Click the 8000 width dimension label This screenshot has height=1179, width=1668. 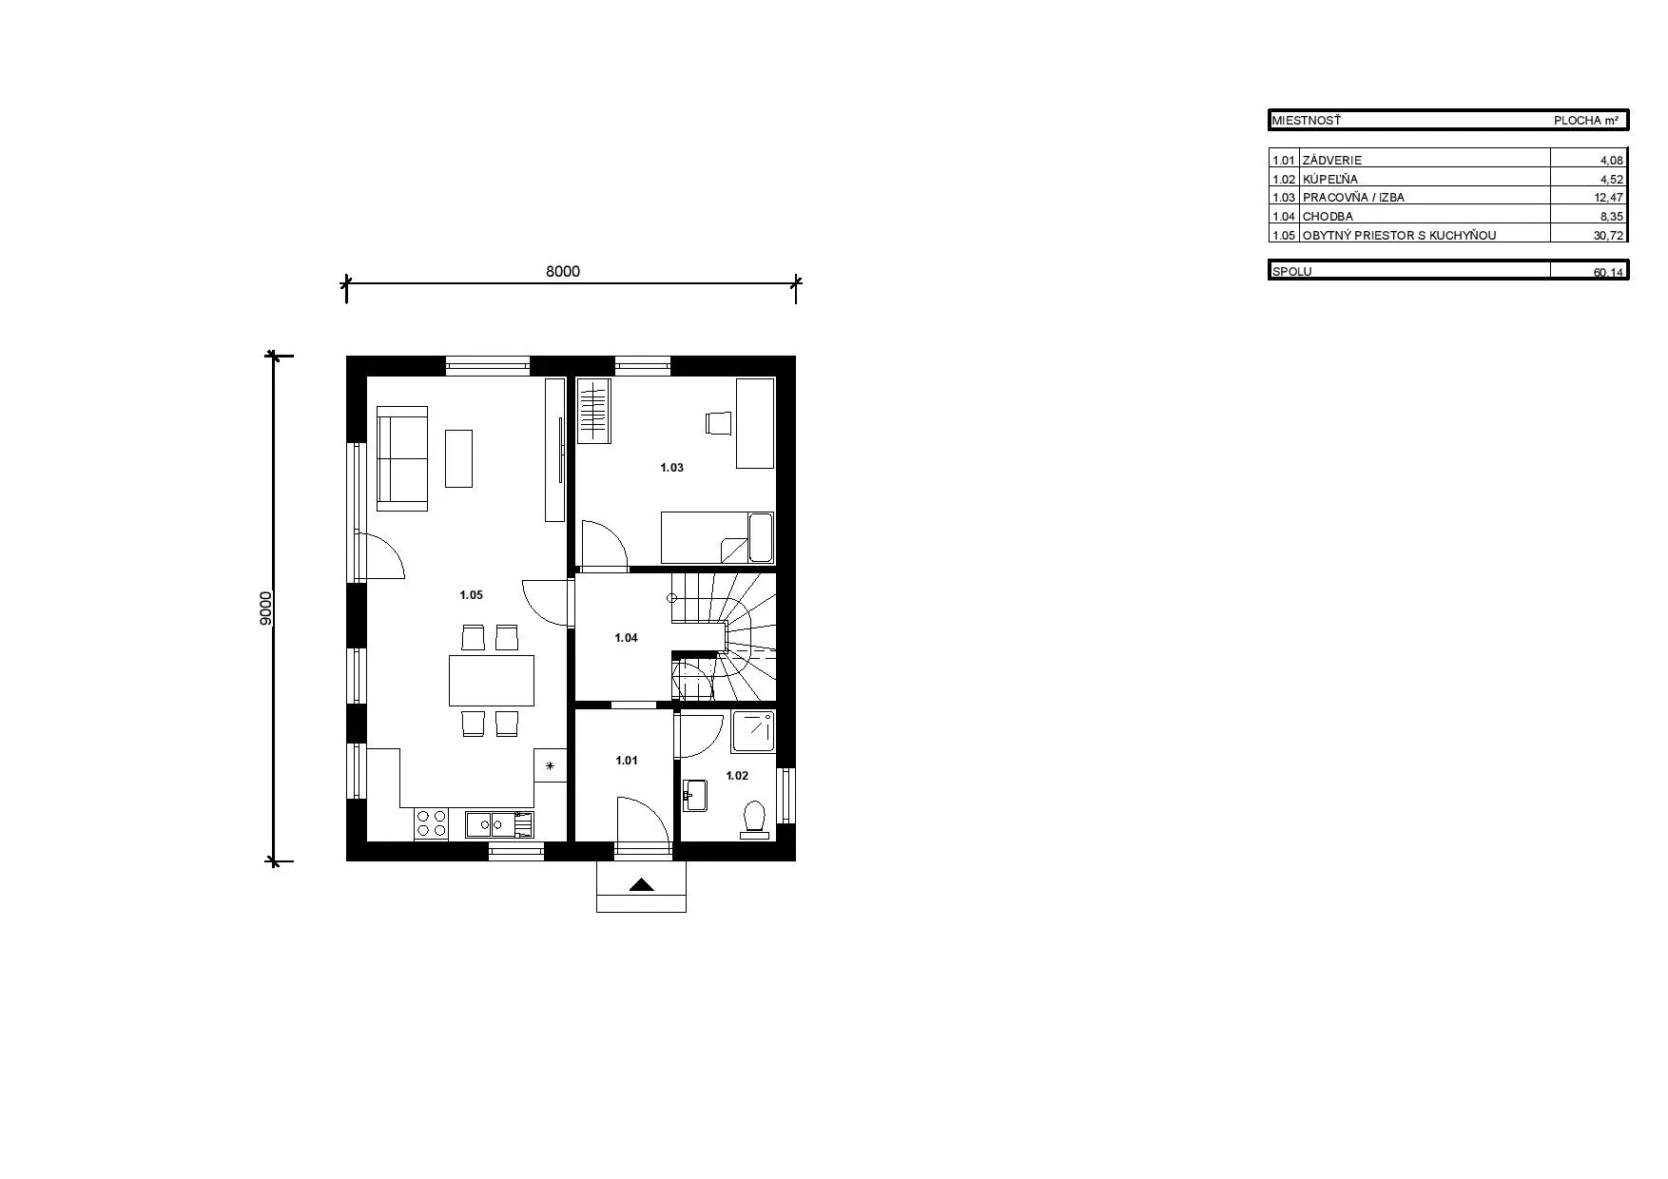click(x=562, y=271)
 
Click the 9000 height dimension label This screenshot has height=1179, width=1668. click(x=266, y=608)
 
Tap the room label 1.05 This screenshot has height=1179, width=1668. click(x=471, y=595)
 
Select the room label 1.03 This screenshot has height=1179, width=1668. click(x=671, y=468)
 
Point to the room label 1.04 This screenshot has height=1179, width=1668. click(x=626, y=638)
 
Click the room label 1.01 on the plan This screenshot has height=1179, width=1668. click(x=627, y=761)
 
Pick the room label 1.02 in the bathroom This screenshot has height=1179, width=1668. click(x=737, y=776)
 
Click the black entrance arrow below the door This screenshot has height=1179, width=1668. click(x=642, y=885)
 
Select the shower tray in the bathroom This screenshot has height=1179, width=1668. click(x=753, y=730)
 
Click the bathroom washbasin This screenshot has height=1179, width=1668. click(x=695, y=796)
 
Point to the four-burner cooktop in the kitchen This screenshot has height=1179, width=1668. click(x=432, y=823)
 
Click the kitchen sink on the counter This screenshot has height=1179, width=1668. click(x=499, y=823)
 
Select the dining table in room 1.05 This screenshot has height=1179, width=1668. click(x=492, y=681)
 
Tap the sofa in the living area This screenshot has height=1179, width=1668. click(x=403, y=458)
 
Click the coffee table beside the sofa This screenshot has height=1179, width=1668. click(x=458, y=458)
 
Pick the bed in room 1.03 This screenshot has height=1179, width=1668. click(x=718, y=538)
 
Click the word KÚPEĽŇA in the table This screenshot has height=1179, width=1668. click(x=1330, y=179)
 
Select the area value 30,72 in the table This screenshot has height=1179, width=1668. click(x=1609, y=235)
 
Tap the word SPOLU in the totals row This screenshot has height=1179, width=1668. click(x=1292, y=271)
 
